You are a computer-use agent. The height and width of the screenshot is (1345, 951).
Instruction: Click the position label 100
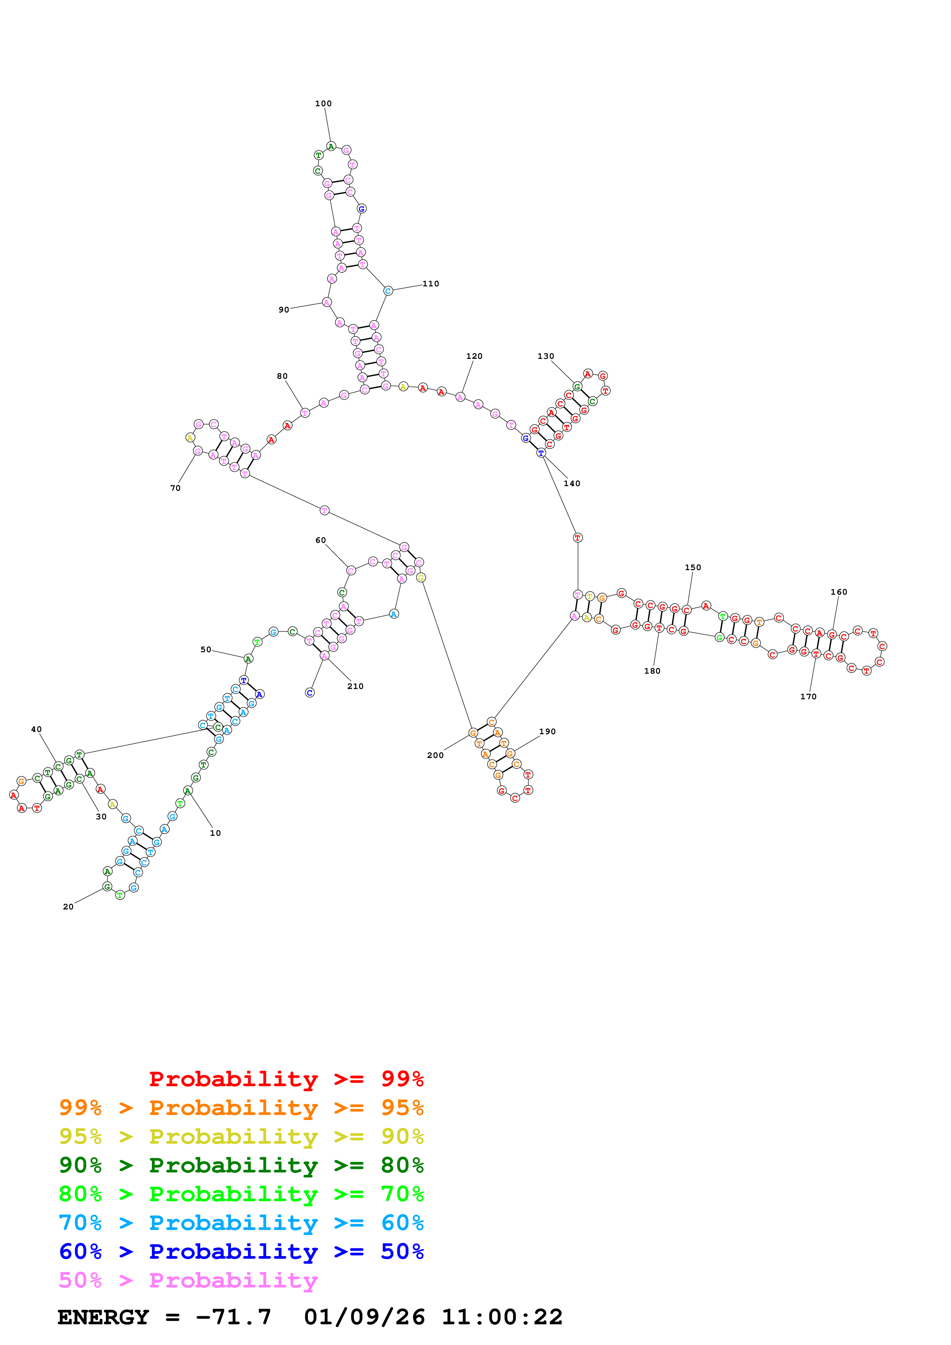tap(323, 104)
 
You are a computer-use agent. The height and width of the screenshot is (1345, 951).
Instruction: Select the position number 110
tap(431, 283)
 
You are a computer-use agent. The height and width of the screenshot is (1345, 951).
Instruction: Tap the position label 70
tap(175, 488)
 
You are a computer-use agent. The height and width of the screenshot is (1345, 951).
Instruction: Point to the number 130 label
tap(546, 356)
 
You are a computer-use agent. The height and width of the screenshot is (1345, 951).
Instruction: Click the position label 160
tap(839, 592)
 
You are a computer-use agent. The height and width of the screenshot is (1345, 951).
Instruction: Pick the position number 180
tap(652, 671)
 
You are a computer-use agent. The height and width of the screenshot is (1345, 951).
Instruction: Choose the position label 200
tap(435, 755)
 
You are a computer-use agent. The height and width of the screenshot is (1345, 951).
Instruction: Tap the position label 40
tap(36, 729)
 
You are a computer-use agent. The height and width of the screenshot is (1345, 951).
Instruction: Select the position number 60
tap(320, 540)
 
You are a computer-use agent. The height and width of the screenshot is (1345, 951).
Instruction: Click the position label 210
tap(355, 686)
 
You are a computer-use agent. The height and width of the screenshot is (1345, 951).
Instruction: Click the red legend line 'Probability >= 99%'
tap(286, 1079)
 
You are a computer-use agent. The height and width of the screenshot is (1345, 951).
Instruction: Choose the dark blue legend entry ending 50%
tap(241, 1251)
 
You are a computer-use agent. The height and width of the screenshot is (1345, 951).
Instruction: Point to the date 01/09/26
tap(364, 1317)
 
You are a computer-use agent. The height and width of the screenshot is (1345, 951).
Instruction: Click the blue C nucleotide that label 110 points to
tap(388, 291)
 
